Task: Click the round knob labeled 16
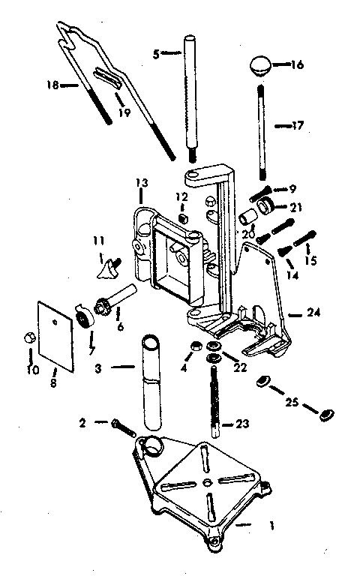[260, 66]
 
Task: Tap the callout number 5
[156, 54]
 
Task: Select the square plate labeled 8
[55, 336]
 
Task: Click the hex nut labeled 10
[28, 337]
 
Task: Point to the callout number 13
[142, 182]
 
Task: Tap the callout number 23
[242, 424]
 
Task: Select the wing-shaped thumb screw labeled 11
[109, 268]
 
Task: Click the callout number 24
[313, 313]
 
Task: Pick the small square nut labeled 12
[183, 217]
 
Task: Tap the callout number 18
[52, 85]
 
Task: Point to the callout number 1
[271, 526]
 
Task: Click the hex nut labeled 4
[196, 345]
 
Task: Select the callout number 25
[292, 402]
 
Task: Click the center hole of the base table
[207, 481]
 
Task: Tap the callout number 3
[98, 367]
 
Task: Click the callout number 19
[125, 112]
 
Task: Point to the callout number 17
[298, 126]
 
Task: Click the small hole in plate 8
[55, 322]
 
